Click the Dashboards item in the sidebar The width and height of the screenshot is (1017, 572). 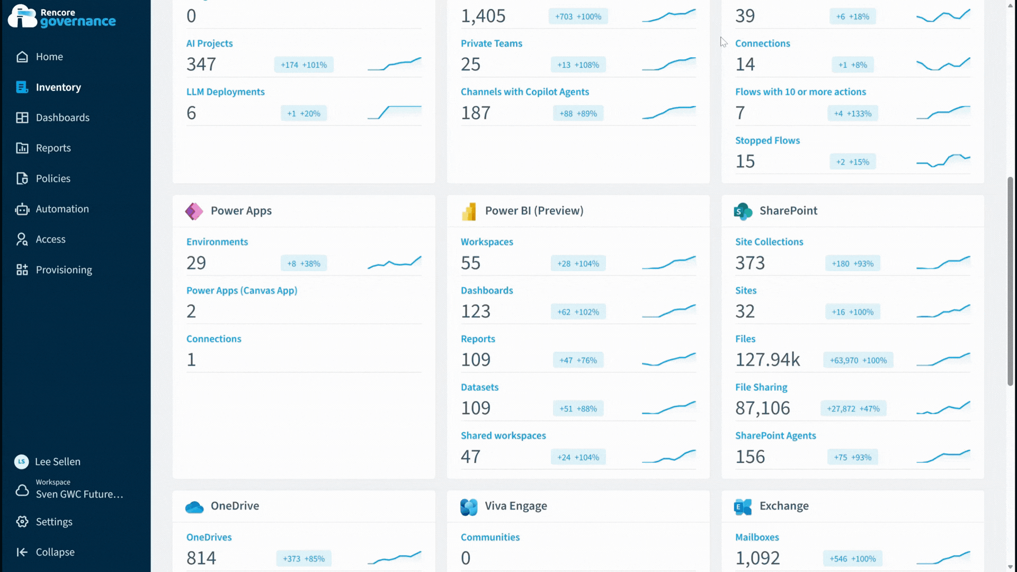62,118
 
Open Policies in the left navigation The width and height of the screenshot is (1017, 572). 52,178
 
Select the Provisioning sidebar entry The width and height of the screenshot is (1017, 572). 64,270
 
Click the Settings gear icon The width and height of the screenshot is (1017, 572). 22,522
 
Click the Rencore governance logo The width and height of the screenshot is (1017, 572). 62,17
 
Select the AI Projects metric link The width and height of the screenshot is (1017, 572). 209,43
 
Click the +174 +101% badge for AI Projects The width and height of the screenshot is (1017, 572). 304,65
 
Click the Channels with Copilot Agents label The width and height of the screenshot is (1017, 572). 524,92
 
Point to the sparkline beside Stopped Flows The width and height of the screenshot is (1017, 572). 943,160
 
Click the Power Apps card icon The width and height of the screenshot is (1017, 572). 194,211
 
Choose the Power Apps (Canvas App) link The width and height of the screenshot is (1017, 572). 242,290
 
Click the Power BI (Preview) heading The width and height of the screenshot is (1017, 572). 534,211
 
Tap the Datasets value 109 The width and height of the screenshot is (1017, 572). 476,408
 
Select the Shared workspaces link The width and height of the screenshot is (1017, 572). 503,435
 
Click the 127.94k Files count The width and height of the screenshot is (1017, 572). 768,360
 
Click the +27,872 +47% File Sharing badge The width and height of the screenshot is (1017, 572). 853,409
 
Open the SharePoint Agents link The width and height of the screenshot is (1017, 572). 775,435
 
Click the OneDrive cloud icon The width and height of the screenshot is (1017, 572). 194,507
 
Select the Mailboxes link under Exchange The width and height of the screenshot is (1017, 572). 757,537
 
